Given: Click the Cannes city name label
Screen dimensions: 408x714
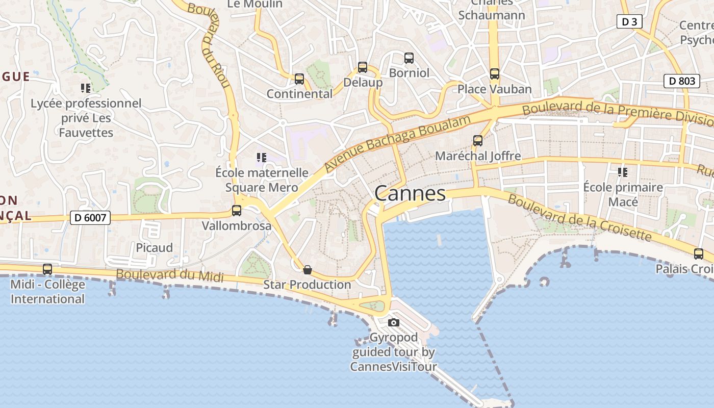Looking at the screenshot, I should (x=410, y=194).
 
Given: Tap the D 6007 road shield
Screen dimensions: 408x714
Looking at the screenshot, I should (x=90, y=218).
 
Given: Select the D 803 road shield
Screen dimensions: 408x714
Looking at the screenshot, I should (x=682, y=81).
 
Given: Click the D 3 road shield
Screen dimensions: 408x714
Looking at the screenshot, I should (x=629, y=21).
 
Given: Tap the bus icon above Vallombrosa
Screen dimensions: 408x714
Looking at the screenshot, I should (x=237, y=210).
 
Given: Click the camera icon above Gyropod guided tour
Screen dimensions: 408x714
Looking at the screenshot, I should (x=394, y=322).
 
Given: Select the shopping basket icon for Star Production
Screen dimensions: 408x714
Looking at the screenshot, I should (x=308, y=269).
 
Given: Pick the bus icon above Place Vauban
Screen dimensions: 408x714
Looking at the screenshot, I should (x=495, y=74).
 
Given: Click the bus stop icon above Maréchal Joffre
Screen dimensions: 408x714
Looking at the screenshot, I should (x=478, y=140).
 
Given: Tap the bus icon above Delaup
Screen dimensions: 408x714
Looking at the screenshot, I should (x=363, y=67).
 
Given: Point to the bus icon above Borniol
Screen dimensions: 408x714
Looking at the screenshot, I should (x=409, y=58).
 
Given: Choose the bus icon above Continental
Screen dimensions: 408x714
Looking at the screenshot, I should (x=299, y=79).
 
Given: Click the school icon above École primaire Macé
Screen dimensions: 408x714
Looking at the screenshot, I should (x=623, y=172).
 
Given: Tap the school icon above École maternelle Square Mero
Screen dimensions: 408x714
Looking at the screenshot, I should (x=262, y=157).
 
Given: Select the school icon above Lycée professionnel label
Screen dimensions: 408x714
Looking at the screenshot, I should (x=86, y=88).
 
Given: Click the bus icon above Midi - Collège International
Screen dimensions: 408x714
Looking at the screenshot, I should (x=47, y=269).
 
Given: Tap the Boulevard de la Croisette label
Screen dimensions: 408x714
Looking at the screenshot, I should (x=579, y=218).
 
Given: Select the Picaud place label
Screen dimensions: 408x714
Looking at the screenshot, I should (x=154, y=248).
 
